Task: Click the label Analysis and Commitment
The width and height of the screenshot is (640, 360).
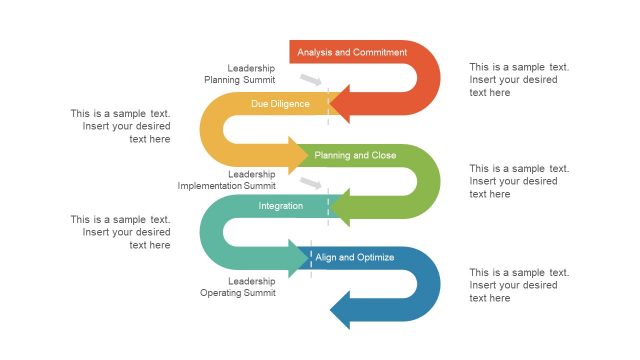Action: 352,52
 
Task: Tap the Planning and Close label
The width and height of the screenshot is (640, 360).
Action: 355,155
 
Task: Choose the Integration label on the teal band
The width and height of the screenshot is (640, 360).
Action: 281,206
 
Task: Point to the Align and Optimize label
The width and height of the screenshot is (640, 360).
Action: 355,257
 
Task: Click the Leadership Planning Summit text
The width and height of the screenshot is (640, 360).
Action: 241,73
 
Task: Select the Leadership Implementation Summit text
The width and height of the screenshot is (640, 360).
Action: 227,180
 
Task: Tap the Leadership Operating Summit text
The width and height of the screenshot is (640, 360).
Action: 238,287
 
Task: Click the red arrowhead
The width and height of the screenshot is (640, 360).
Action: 341,103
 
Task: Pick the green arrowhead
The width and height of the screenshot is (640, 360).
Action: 341,207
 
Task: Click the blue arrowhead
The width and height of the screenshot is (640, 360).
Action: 341,310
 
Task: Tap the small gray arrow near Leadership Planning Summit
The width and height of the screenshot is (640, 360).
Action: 312,80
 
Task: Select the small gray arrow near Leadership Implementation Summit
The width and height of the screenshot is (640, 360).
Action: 312,183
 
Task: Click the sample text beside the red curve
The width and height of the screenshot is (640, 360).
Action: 519,80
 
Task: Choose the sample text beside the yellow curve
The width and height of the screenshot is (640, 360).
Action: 120,126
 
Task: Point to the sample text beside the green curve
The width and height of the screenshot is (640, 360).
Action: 519,181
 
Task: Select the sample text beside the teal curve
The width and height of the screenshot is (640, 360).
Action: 120,232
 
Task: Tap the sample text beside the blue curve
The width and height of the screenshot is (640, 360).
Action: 519,285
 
